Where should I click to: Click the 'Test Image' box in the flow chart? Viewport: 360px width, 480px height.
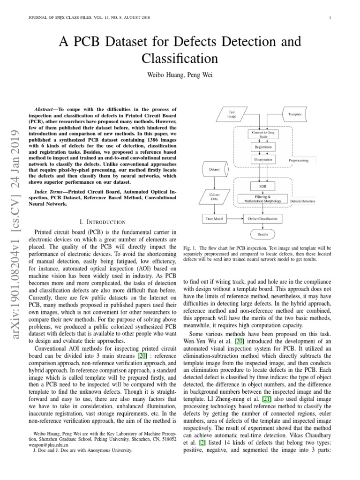[232, 115]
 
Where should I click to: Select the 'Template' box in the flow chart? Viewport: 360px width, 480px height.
[295, 114]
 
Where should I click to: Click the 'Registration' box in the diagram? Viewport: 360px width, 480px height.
[263, 147]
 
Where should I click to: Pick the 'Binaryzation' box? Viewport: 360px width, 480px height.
[263, 159]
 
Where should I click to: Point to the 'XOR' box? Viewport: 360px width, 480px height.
[263, 186]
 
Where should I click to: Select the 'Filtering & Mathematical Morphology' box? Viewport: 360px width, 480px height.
[262, 198]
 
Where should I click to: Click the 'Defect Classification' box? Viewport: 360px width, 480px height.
[263, 218]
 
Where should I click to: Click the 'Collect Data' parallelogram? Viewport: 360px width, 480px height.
[215, 197]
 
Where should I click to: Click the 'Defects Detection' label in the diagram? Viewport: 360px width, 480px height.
[303, 201]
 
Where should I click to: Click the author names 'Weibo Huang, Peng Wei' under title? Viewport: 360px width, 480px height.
[180, 75]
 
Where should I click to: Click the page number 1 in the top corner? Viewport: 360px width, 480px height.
[330, 18]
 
